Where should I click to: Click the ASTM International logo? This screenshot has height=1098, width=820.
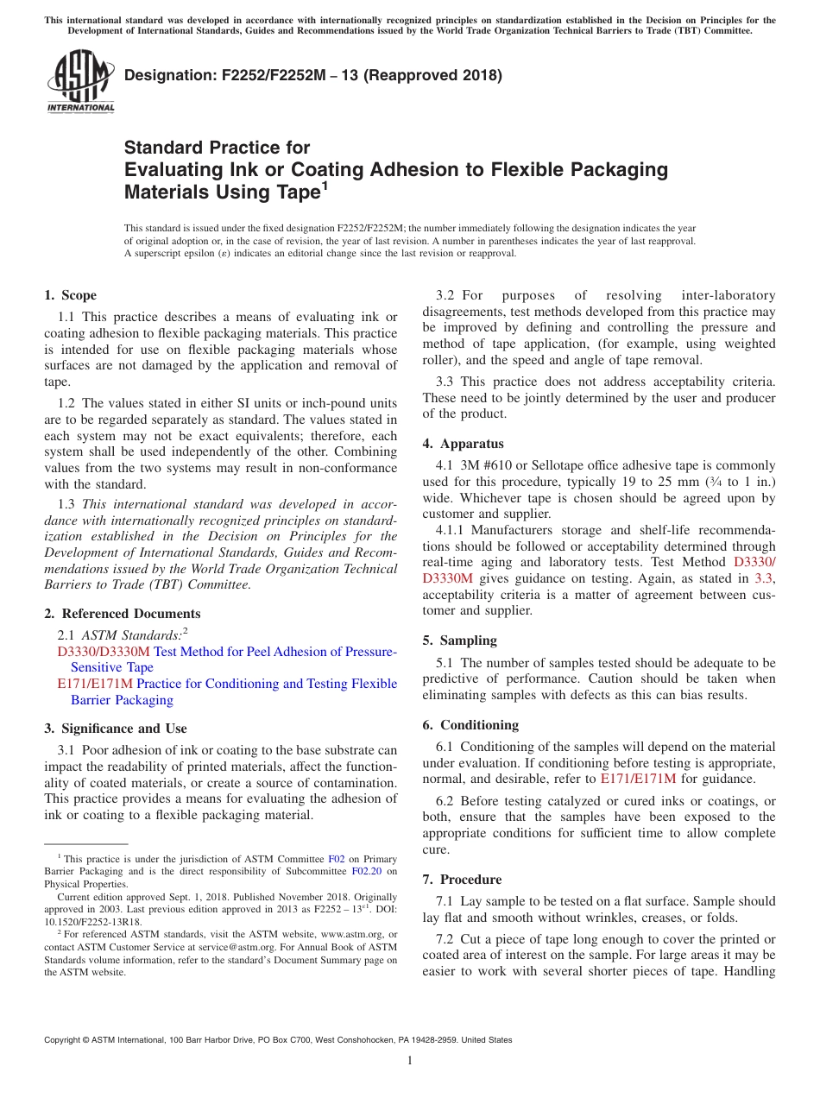80,83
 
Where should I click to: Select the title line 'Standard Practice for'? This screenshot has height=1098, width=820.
217,148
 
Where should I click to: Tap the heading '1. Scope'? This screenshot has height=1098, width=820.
71,295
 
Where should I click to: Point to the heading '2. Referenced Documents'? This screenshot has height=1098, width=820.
122,614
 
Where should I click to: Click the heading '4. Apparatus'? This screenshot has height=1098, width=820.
463,444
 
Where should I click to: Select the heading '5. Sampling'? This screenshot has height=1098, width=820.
459,640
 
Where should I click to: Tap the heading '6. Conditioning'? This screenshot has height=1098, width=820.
470,725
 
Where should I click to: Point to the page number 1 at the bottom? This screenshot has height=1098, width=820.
410,1061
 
